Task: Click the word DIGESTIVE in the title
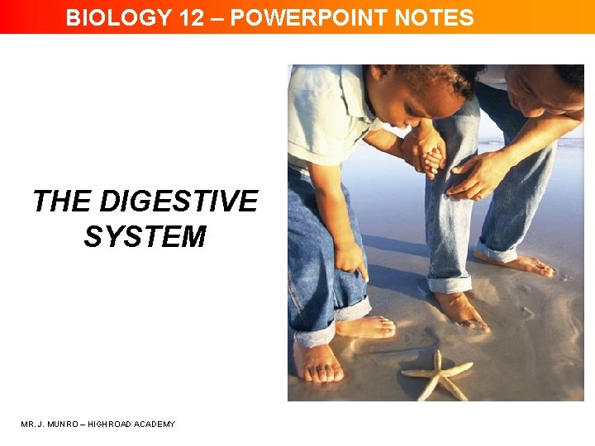click(178, 201)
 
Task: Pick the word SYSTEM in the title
click(145, 237)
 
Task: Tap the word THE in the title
click(62, 201)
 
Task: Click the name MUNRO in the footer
click(68, 425)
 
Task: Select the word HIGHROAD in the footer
click(115, 425)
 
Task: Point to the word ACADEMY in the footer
click(157, 425)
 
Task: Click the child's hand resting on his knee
click(352, 259)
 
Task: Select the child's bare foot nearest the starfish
click(364, 327)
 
